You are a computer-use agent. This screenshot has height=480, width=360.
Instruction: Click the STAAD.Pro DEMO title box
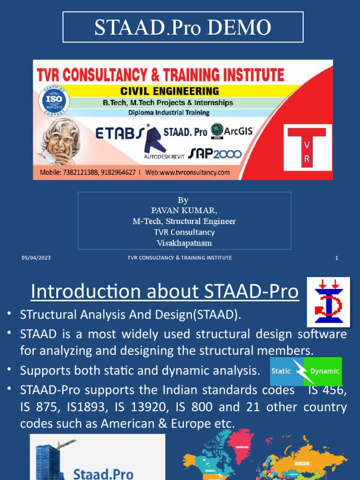click(183, 27)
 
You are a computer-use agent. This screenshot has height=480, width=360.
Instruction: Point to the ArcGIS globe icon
click(217, 130)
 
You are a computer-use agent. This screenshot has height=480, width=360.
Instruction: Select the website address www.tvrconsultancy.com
click(194, 172)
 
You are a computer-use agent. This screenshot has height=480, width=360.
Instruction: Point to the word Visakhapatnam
click(184, 243)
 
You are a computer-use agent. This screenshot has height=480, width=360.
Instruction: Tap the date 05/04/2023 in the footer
click(36, 258)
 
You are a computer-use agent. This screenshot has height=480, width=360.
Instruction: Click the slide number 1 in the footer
click(337, 258)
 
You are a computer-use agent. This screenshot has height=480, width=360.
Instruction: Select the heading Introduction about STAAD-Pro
click(165, 292)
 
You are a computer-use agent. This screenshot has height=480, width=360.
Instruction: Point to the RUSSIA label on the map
click(301, 464)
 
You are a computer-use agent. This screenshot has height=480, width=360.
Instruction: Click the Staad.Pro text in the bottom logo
click(104, 473)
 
